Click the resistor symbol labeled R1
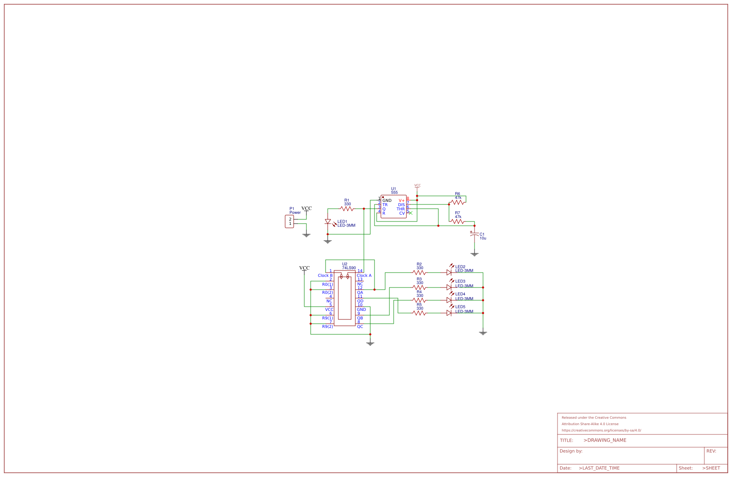[347, 209]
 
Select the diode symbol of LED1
[328, 221]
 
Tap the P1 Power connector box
[289, 221]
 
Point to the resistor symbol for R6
[457, 202]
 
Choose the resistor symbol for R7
[457, 221]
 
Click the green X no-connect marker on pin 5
[410, 213]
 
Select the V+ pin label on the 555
[402, 201]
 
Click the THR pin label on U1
[400, 209]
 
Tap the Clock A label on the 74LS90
[364, 276]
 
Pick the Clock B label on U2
[325, 276]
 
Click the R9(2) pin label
[327, 327]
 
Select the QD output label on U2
[360, 301]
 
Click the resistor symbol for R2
[419, 273]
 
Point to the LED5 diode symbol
[449, 313]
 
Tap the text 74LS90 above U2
[349, 268]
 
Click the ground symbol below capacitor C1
[475, 254]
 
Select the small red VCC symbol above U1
[417, 186]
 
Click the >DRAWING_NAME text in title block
[605, 440]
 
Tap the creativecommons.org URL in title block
[601, 430]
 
